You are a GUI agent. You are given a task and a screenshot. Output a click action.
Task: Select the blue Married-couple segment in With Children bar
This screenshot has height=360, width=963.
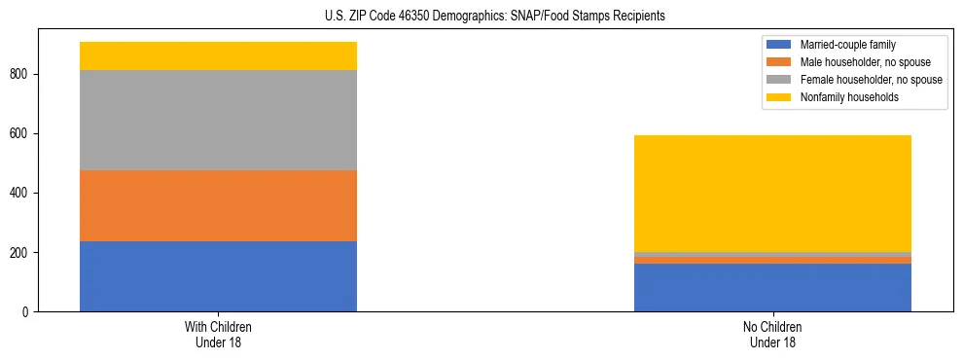(x=218, y=276)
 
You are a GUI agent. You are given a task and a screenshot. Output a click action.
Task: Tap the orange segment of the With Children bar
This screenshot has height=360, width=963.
(x=218, y=205)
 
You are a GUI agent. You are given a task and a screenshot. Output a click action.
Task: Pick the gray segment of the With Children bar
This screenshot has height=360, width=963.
(x=218, y=121)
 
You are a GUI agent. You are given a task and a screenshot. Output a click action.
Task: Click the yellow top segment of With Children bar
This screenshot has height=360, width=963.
(x=218, y=56)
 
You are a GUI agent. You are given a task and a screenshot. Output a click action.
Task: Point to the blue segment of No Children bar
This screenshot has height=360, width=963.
(x=772, y=287)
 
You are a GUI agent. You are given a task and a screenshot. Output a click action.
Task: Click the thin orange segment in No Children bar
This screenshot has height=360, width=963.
(x=772, y=260)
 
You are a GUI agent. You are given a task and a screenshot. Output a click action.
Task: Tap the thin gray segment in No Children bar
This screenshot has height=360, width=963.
(x=772, y=254)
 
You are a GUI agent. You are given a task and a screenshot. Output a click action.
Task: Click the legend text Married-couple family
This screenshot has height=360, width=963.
(x=847, y=45)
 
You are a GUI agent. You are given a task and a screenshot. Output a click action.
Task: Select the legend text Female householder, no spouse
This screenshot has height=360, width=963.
(x=871, y=80)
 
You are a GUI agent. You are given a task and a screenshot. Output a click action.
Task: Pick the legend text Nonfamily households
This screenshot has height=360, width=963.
(x=849, y=97)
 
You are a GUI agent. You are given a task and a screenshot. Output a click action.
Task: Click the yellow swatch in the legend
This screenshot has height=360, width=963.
(x=779, y=97)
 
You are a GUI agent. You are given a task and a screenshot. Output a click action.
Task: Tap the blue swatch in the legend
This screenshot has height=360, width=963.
(x=779, y=45)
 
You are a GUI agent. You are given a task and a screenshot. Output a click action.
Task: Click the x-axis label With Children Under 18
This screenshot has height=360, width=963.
(x=218, y=335)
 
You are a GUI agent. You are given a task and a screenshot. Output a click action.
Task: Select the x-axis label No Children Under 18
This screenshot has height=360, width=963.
(x=772, y=335)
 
